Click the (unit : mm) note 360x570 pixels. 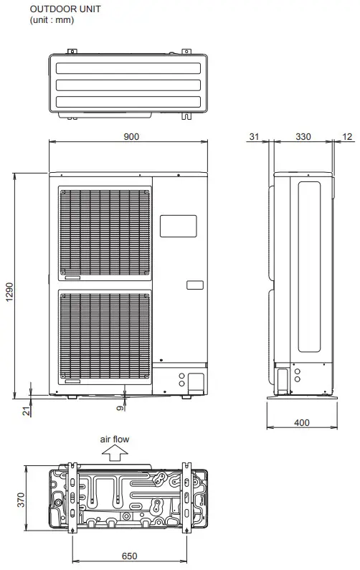51,19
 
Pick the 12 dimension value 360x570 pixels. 348,136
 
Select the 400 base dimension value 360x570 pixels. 302,422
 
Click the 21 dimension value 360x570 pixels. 27,409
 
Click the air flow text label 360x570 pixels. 115,440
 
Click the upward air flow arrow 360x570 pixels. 113,452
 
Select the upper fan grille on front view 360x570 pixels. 105,234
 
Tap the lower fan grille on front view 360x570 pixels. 105,334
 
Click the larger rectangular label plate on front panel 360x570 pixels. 177,226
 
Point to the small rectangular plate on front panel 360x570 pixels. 194,285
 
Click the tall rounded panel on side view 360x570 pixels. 310,266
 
